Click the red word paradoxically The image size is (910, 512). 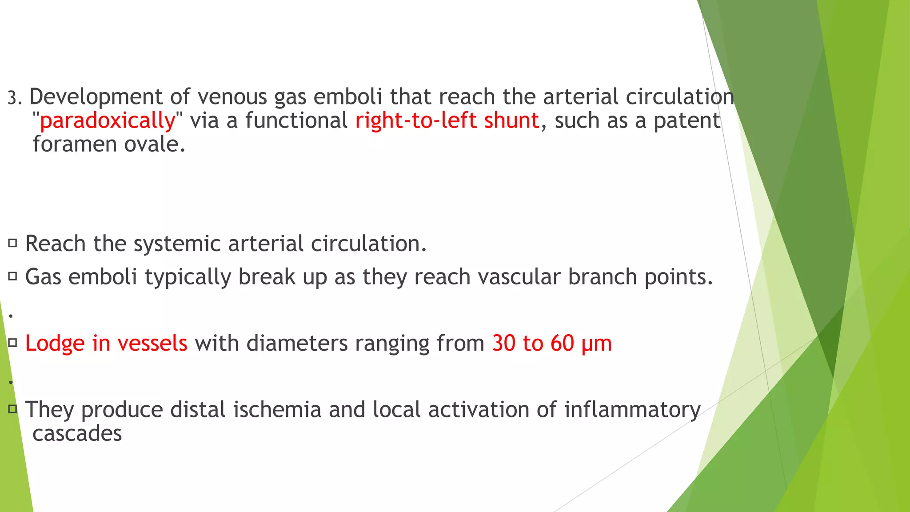click(108, 121)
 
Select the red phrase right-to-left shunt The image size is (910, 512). click(447, 121)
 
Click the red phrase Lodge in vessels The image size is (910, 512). click(106, 344)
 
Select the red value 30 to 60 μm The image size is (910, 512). click(552, 344)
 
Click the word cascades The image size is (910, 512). click(77, 434)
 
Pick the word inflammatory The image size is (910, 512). click(632, 410)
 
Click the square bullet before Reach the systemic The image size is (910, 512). click(12, 243)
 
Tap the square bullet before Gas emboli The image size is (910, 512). click(12, 276)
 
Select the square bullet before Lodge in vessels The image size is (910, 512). click(12, 343)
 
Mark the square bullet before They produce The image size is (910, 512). click(12, 409)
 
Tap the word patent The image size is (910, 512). click(687, 121)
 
